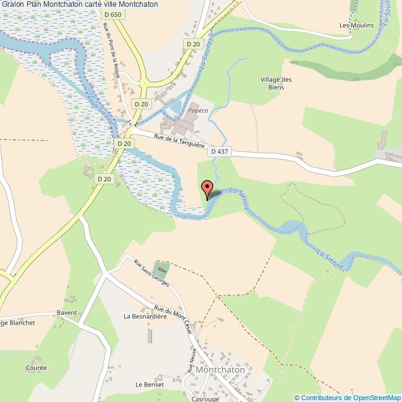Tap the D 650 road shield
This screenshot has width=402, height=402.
point(112,14)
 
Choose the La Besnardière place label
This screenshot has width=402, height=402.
point(146,316)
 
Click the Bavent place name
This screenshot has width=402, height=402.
point(67,312)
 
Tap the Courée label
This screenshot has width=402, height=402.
point(36,367)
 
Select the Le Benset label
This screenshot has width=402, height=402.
point(150,384)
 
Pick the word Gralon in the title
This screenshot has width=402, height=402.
point(13,4)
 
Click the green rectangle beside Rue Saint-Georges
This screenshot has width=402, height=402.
point(161,270)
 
